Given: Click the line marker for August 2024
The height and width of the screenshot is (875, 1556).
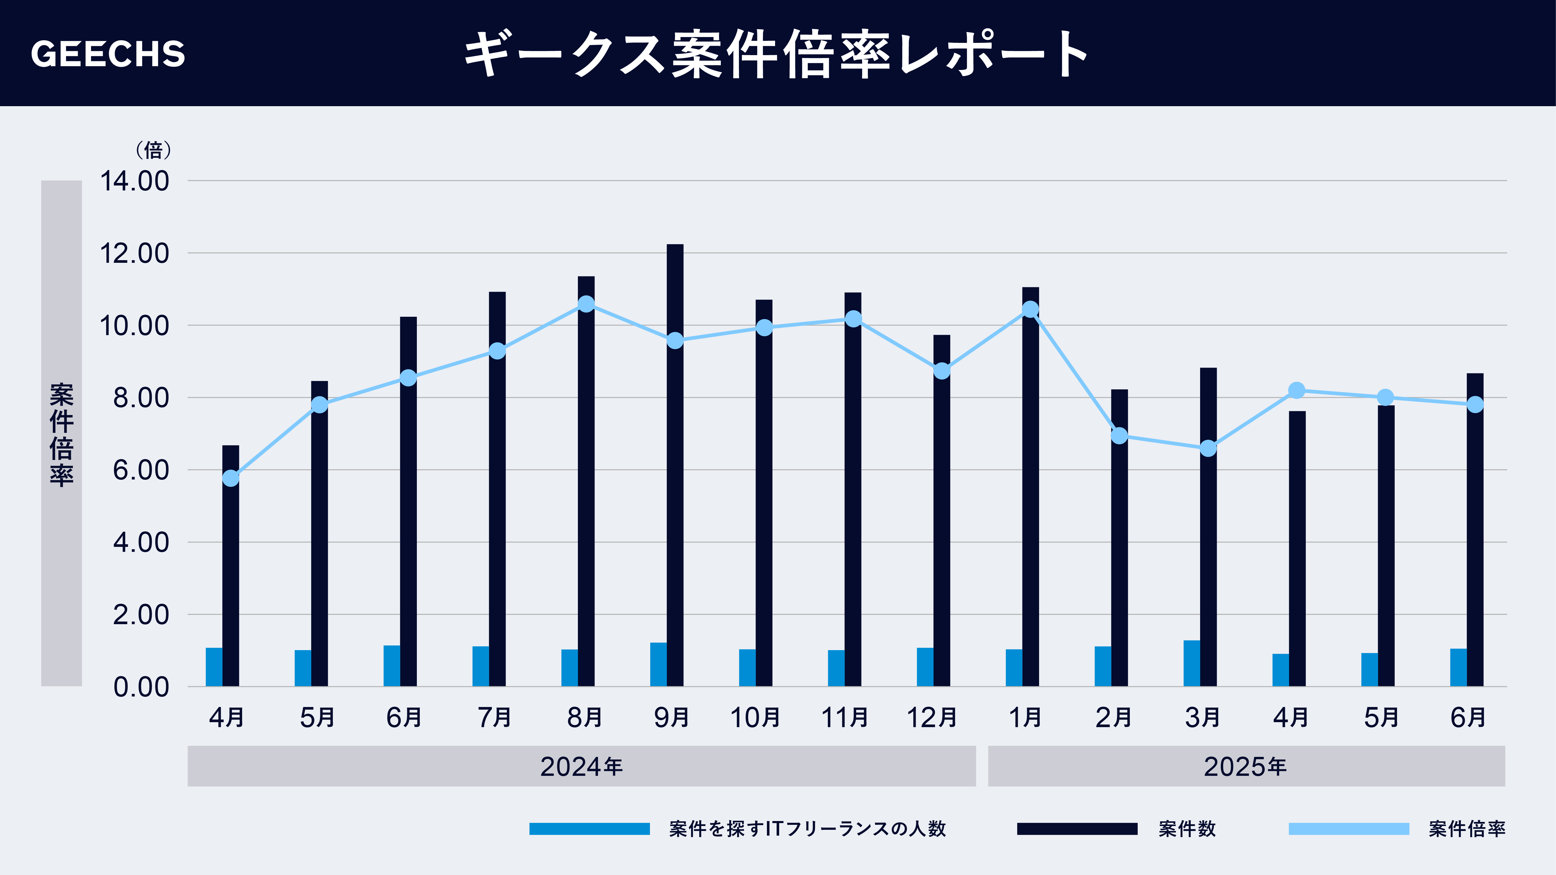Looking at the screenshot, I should [x=586, y=304].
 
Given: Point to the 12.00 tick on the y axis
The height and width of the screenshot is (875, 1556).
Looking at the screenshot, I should [x=134, y=254].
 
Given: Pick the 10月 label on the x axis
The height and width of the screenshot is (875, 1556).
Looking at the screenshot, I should [x=755, y=717].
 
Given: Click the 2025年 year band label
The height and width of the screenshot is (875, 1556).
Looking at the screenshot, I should [x=1246, y=766].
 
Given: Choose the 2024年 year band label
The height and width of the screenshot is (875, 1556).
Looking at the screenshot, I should [x=581, y=766].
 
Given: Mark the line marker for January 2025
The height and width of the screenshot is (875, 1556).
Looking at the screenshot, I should [x=1031, y=309].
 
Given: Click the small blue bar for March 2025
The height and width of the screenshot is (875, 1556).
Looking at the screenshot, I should [x=1192, y=663].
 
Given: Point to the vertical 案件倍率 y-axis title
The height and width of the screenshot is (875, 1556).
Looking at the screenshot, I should [x=62, y=434].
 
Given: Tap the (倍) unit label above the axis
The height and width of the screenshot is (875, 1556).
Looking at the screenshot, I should [x=153, y=150].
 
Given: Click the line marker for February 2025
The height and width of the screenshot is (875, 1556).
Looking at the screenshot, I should [x=1119, y=435].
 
